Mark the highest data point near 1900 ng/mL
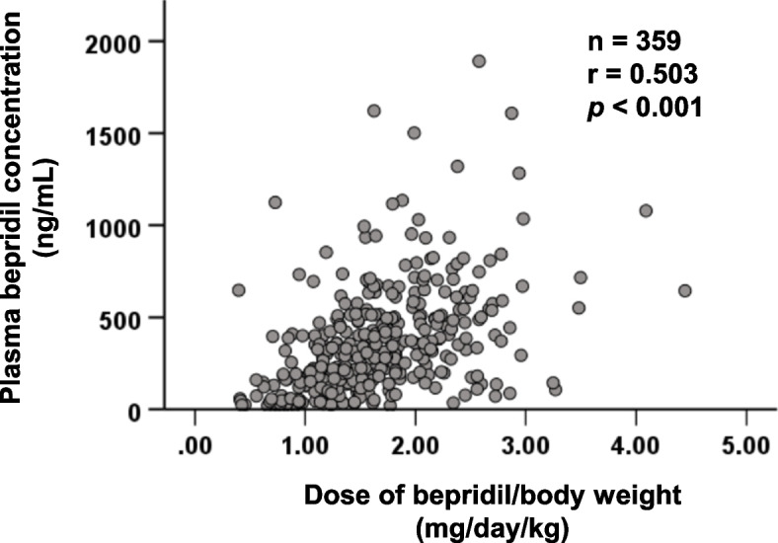point(479,61)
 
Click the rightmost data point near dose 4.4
point(684,290)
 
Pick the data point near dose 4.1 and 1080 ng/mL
point(646,210)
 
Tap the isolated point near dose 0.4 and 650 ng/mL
point(239,289)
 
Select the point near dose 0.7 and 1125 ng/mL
point(274,202)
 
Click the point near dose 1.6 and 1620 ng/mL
point(374,111)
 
